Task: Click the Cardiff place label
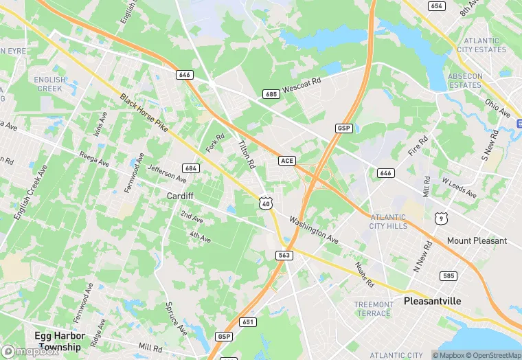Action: tap(181, 196)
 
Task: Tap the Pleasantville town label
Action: tap(433, 301)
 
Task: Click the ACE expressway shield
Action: tap(287, 160)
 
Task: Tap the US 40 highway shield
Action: tap(265, 203)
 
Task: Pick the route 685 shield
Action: tap(271, 93)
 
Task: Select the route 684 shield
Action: tap(191, 168)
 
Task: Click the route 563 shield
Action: tap(284, 255)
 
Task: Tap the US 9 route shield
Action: tap(440, 218)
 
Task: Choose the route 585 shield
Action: tap(449, 275)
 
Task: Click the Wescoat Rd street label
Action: tap(302, 86)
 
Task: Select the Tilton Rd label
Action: tap(246, 155)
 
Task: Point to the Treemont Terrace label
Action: tap(374, 308)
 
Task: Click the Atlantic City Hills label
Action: tap(387, 221)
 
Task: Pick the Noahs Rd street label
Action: tap(365, 274)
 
